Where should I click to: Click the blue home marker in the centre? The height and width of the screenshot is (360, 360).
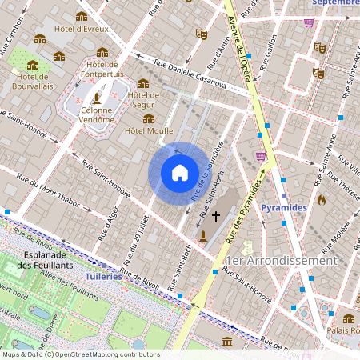tap(180, 173)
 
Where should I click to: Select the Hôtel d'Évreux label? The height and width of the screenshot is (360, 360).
tap(81, 30)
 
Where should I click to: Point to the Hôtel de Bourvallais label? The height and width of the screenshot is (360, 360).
tap(33, 81)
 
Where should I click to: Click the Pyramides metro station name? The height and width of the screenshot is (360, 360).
tap(283, 207)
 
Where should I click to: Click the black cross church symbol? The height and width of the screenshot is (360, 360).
tap(215, 216)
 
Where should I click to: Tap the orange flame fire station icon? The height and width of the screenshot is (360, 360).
tap(322, 199)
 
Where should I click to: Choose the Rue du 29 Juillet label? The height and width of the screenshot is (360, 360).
tap(136, 240)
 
